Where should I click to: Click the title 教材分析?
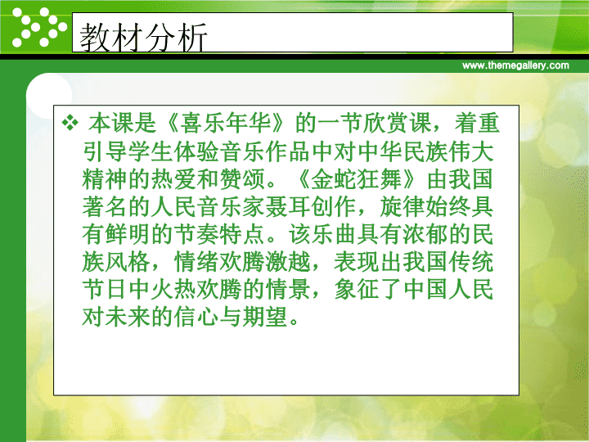[x=143, y=37]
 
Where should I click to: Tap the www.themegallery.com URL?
[x=515, y=65]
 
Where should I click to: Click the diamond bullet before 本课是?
[x=70, y=123]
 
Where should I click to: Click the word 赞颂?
[x=242, y=179]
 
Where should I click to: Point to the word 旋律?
[x=402, y=207]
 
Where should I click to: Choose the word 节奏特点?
[x=219, y=234]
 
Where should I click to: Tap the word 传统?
[x=471, y=262]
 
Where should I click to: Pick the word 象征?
[x=357, y=290]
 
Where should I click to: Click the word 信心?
[x=196, y=317]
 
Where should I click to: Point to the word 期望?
[x=265, y=317]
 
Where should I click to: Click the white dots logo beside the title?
[x=39, y=27]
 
